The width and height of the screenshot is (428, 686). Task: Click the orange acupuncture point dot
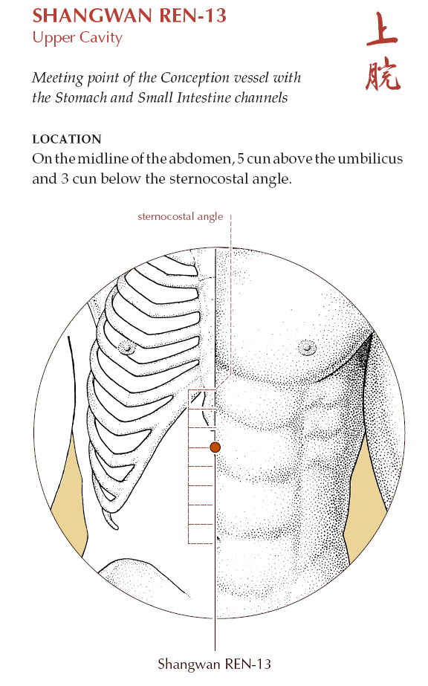[215, 447]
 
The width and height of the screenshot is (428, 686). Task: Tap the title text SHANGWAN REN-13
[129, 16]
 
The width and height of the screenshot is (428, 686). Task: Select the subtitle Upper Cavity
[77, 38]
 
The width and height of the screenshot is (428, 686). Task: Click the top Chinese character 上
[382, 29]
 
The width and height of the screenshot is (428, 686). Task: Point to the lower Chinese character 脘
[383, 75]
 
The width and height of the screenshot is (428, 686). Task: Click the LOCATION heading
[67, 139]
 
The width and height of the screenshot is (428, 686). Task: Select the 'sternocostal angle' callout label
[180, 216]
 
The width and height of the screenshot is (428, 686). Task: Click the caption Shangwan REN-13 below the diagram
[214, 664]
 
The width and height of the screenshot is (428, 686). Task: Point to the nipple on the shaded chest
[308, 348]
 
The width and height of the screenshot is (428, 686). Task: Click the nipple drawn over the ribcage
[127, 348]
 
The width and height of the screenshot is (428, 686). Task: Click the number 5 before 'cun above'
[241, 159]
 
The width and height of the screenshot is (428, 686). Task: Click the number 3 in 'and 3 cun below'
[65, 179]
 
